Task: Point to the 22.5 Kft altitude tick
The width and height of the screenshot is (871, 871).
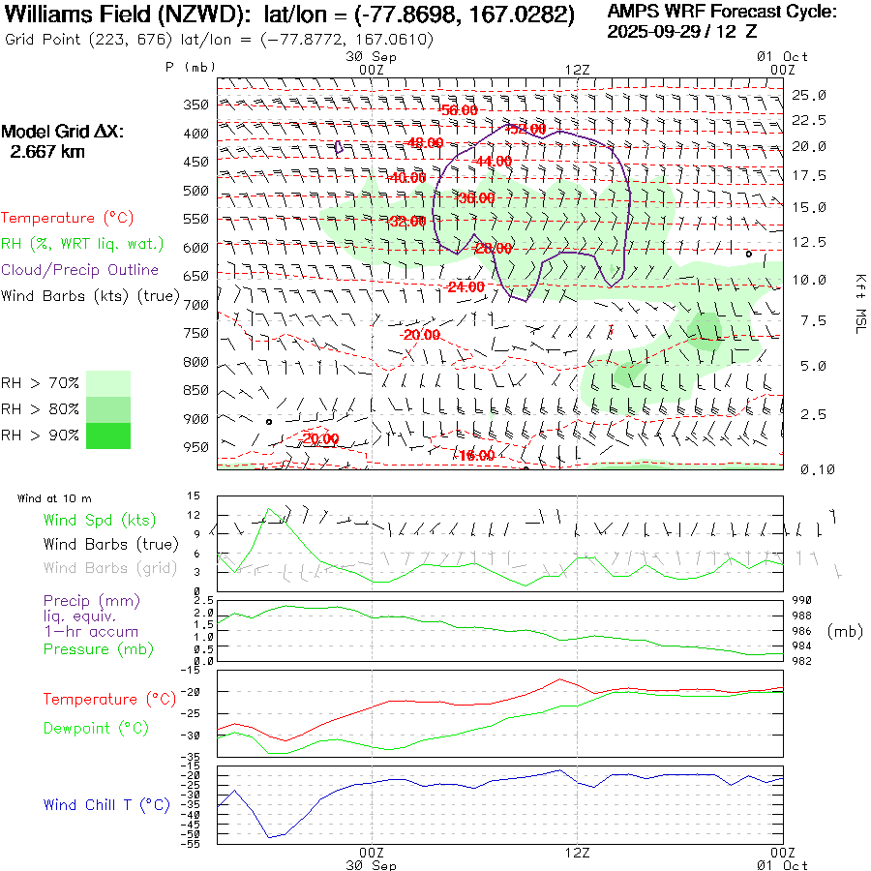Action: click(x=809, y=120)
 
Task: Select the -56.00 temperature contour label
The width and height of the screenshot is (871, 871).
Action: click(x=458, y=110)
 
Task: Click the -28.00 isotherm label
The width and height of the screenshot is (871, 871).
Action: click(x=493, y=249)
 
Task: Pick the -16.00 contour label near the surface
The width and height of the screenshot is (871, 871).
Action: click(x=476, y=456)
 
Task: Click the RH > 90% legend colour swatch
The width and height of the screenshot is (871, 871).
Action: click(x=108, y=435)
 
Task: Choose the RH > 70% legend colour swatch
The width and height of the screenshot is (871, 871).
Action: click(x=108, y=383)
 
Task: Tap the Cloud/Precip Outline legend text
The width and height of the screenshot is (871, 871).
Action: click(x=80, y=270)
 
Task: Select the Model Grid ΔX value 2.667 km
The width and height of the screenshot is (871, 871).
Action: click(x=47, y=152)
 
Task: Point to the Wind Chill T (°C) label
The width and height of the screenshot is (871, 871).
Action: click(x=105, y=805)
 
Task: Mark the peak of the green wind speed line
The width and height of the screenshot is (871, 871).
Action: click(x=270, y=509)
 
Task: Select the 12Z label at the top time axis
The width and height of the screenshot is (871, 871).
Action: click(x=577, y=70)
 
